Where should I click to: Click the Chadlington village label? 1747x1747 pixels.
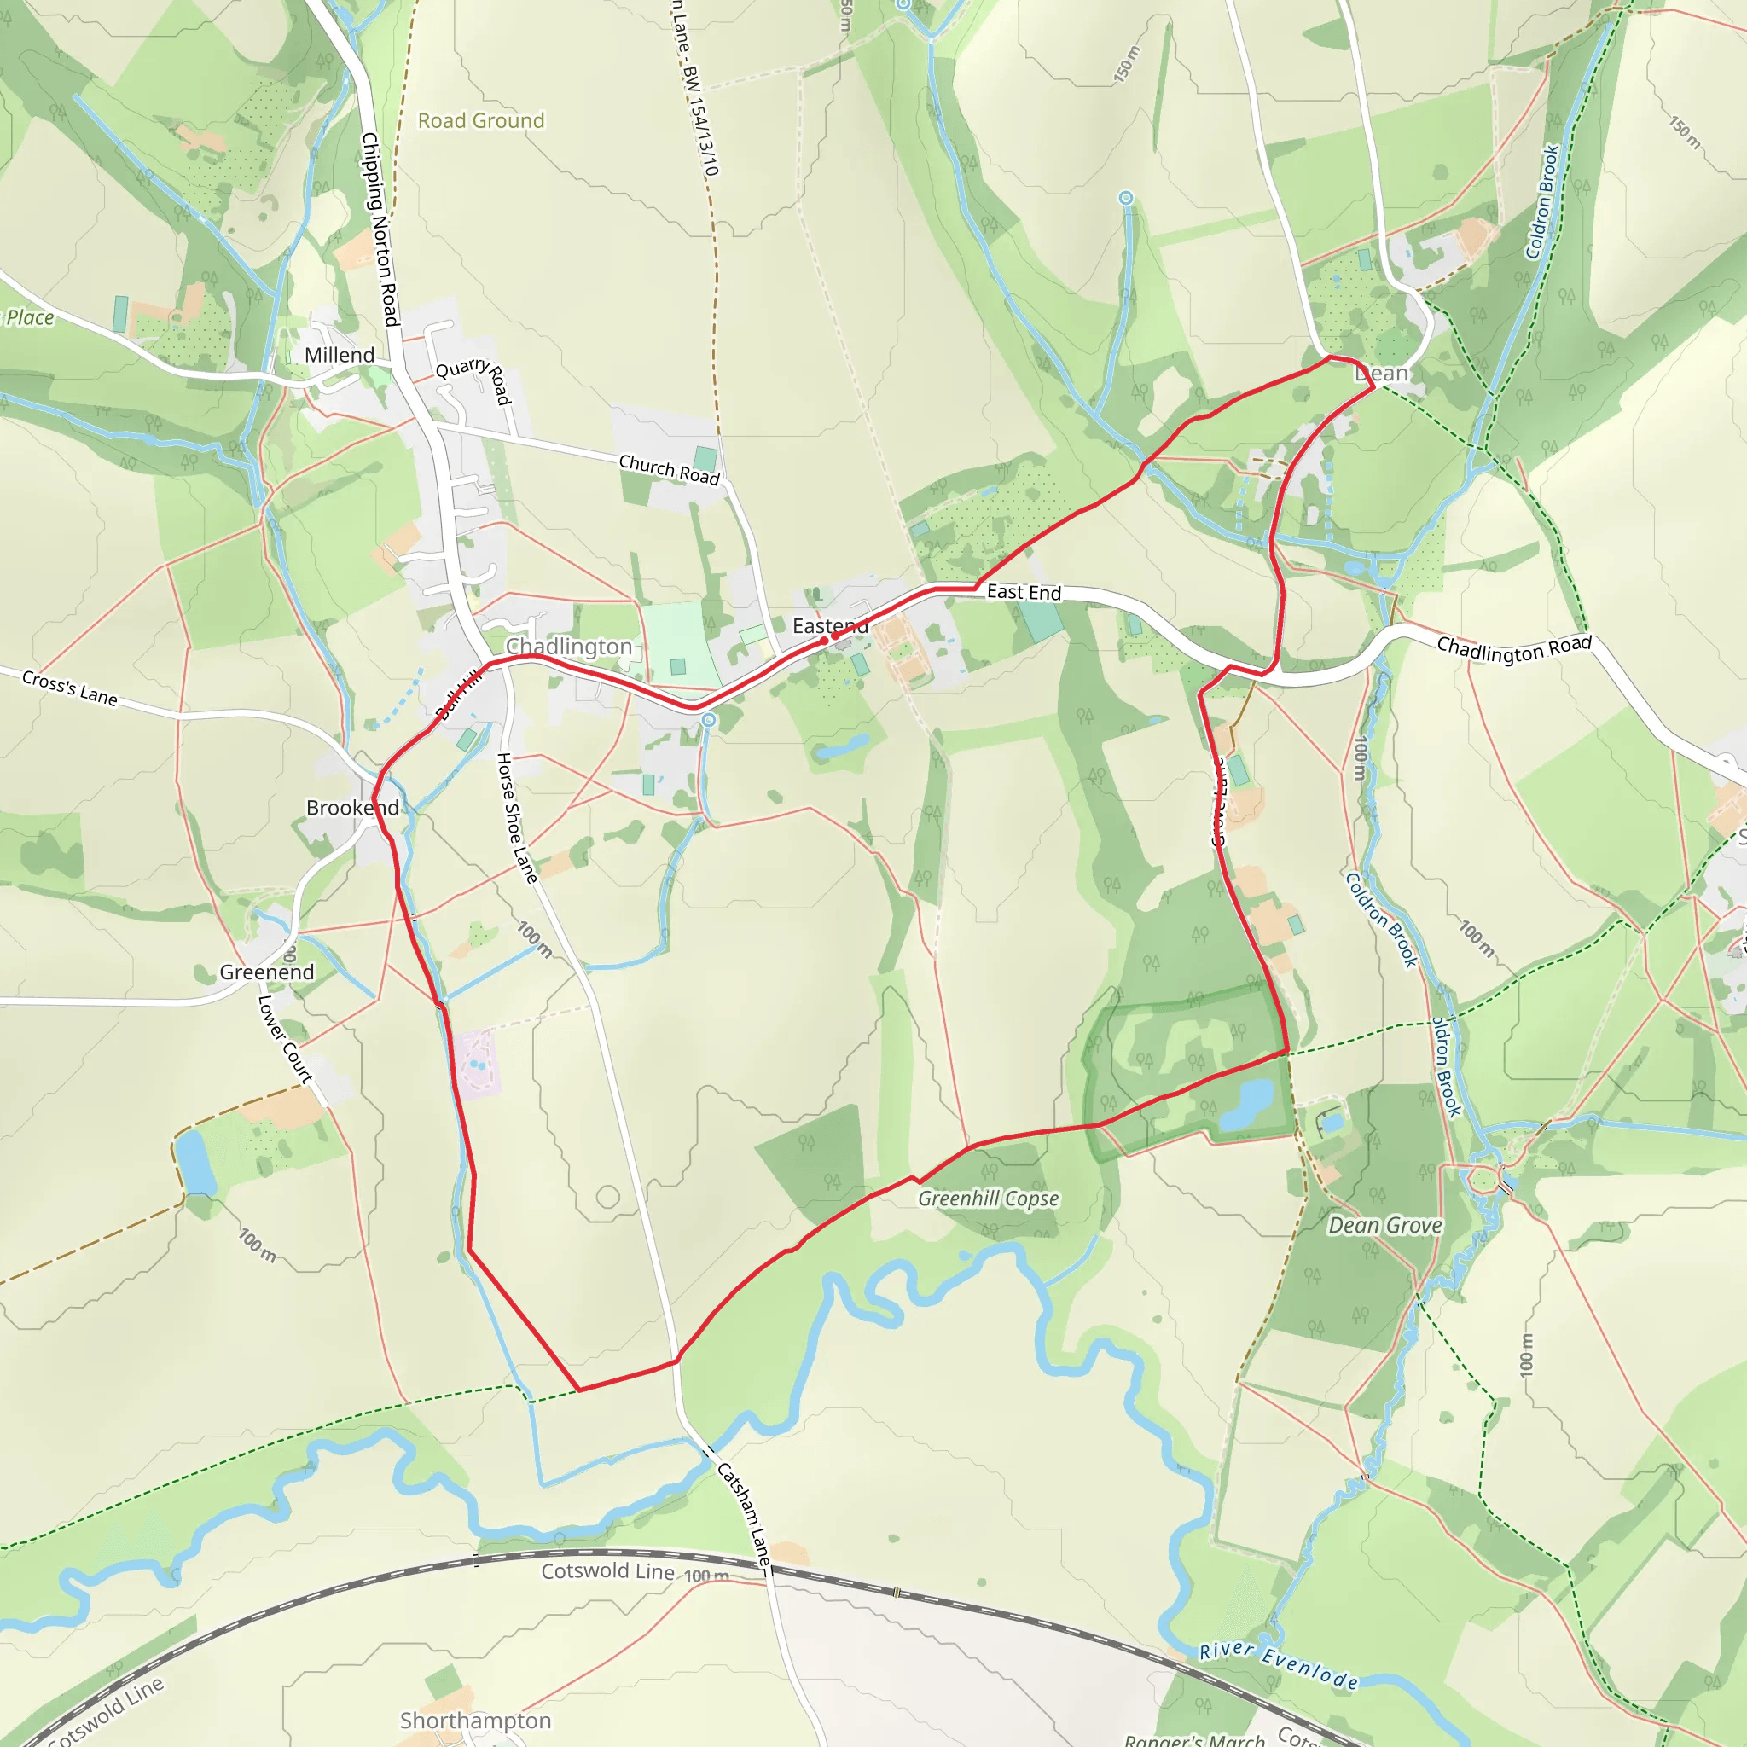568,646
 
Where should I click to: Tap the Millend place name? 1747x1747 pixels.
340,355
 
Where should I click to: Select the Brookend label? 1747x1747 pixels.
351,808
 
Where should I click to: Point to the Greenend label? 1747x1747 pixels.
267,972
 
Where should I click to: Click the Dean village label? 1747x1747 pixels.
1381,373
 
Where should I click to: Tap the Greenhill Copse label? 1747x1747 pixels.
989,1199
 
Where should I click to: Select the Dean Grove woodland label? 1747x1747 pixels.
1384,1225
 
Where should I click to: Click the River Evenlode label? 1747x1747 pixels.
1279,1666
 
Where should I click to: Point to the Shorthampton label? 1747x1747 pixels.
476,1720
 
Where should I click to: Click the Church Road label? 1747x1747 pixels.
669,469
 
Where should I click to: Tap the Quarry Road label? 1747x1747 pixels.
473,380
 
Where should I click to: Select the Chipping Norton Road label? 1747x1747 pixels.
380,229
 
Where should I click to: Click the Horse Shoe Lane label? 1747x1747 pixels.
516,817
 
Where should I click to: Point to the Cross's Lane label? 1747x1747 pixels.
70,688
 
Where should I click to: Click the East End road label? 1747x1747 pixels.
1024,592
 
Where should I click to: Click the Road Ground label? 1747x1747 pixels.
481,120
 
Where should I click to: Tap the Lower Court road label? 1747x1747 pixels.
285,1039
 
